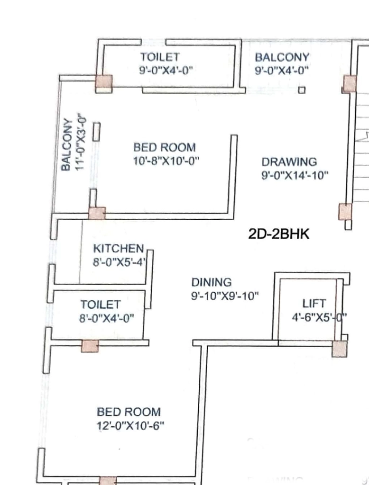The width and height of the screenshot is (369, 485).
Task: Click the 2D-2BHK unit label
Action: coord(278,234)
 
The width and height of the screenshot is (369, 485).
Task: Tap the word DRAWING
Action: coord(289,162)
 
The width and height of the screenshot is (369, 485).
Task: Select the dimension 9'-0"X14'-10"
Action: coord(295,176)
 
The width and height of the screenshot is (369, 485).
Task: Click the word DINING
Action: coord(212,282)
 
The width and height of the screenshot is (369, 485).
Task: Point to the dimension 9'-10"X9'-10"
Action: coord(225,296)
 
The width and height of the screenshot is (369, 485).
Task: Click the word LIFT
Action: coord(314,304)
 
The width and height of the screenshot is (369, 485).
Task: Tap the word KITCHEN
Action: coord(119,248)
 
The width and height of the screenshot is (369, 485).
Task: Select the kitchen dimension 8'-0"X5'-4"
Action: coord(119,262)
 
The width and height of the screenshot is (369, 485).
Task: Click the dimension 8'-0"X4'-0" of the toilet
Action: coord(107,318)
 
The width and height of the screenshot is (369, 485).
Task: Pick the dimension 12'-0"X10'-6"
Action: coord(130,426)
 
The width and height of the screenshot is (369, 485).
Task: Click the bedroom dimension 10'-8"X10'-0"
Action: coord(166,161)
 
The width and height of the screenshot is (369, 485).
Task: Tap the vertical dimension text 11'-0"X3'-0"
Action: coord(80,142)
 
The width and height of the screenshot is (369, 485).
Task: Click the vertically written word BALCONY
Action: coord(66,144)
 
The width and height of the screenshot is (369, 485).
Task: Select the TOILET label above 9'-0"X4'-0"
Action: coord(160,57)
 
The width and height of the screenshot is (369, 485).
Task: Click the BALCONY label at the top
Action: coord(282,57)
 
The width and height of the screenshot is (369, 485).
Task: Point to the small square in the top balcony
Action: coord(302,90)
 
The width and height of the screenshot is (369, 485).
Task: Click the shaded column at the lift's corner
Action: coord(340,349)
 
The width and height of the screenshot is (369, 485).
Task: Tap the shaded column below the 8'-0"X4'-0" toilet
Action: coord(90,346)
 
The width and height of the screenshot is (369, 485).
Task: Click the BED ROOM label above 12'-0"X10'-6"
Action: coord(129,412)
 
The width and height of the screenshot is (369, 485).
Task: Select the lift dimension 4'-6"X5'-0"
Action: coord(319,317)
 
